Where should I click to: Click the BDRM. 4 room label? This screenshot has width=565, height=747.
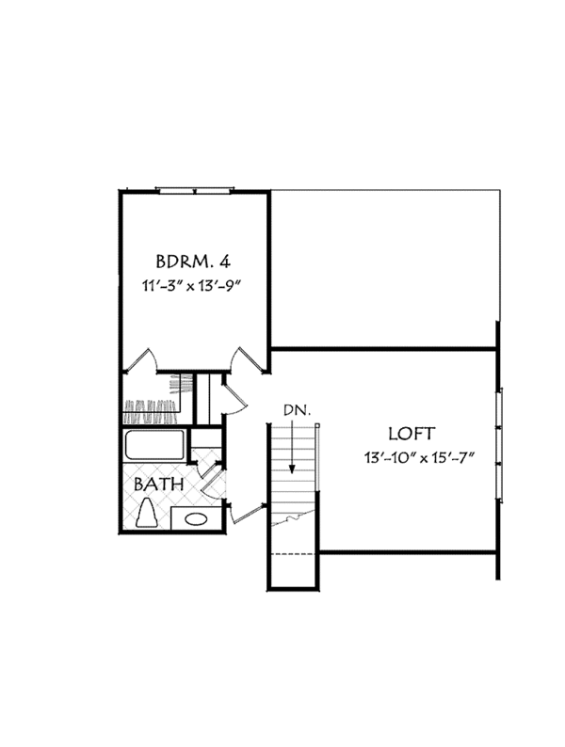(195, 258)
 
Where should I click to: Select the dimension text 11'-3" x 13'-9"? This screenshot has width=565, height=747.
(195, 283)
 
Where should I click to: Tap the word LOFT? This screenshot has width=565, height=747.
(412, 434)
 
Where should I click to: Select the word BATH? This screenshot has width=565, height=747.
(158, 485)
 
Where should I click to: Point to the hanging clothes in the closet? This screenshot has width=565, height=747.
(151, 407)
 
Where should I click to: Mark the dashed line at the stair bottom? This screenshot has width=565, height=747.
(292, 554)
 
